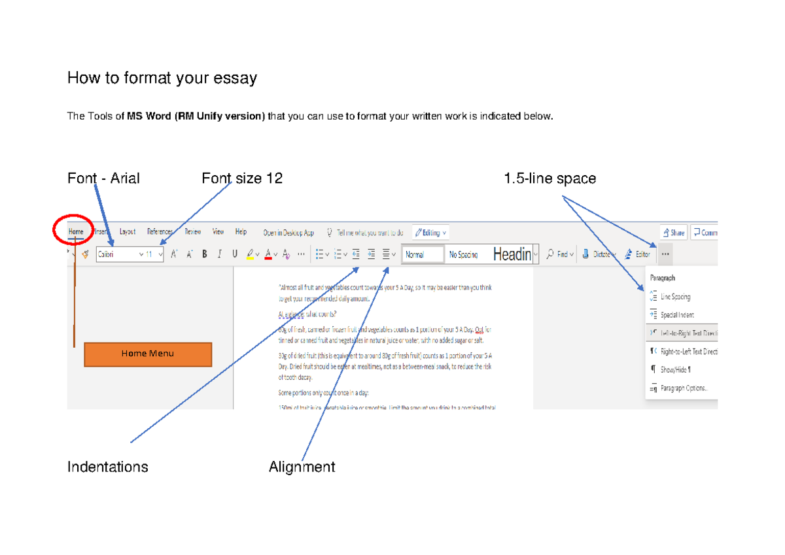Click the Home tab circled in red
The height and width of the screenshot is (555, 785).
[77, 232]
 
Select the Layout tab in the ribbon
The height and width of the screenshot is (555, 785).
[127, 232]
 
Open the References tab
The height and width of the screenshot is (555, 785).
[160, 232]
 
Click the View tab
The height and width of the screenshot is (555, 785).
[218, 232]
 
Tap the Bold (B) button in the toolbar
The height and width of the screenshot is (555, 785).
[205, 254]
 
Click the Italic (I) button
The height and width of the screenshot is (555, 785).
[220, 254]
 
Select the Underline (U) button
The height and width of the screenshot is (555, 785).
[235, 254]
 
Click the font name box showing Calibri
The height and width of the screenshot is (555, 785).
[118, 254]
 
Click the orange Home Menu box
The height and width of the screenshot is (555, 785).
[148, 354]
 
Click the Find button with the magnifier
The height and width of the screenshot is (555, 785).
[560, 254]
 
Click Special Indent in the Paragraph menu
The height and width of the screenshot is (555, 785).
[677, 315]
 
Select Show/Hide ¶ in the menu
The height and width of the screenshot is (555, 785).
[676, 369]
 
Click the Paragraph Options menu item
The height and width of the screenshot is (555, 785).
[683, 388]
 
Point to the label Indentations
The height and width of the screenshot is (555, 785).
[108, 467]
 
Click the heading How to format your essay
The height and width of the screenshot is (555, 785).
[162, 78]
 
